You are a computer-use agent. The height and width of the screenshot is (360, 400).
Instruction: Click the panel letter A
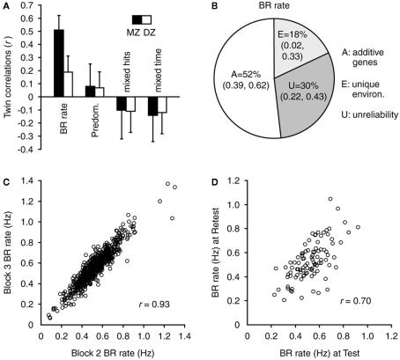click(6, 7)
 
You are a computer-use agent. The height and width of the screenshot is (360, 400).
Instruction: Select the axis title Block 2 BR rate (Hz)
click(109, 352)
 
